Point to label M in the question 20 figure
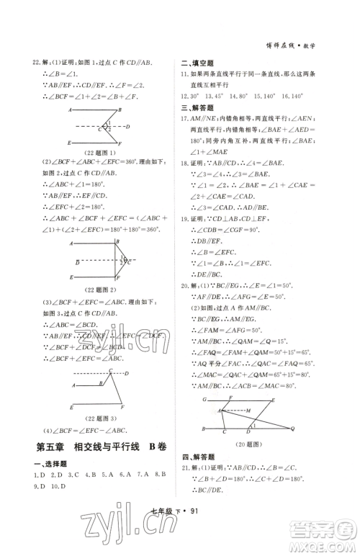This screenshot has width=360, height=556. (247, 410)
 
